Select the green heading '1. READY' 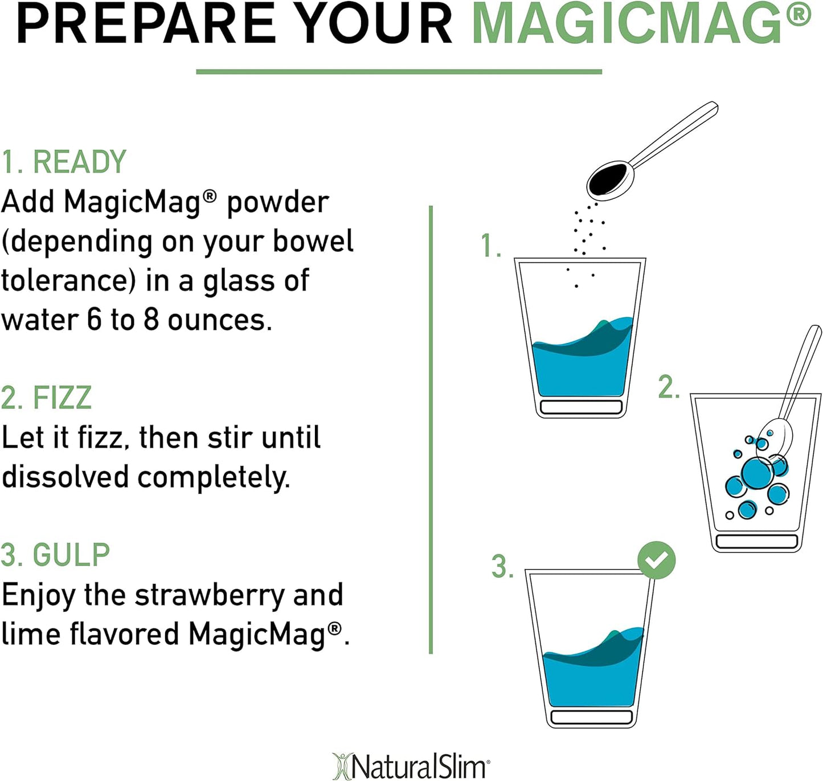(63, 162)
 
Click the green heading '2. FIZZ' (46, 398)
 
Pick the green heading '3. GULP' (55, 555)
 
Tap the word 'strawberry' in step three (210, 595)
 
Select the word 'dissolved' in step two (65, 477)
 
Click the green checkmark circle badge (656, 560)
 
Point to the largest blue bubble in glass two (757, 472)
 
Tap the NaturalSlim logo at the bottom (411, 766)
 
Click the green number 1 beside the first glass (489, 246)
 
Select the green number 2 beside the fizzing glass (669, 387)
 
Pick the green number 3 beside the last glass (502, 567)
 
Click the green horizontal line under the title (399, 72)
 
